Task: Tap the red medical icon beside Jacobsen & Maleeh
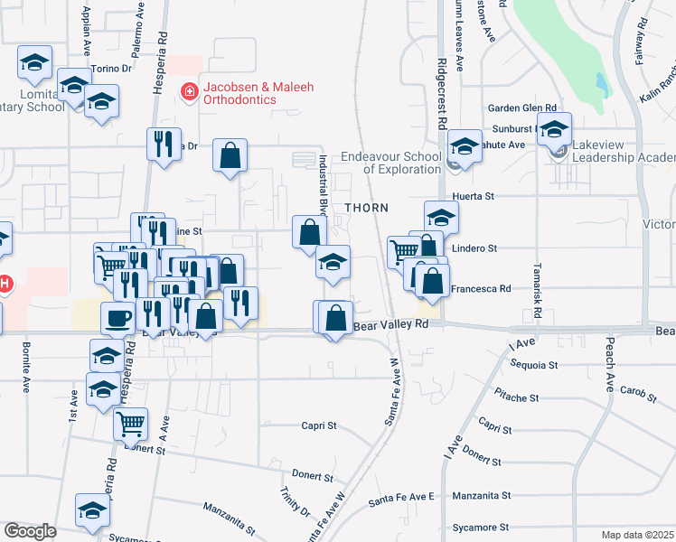click(190, 90)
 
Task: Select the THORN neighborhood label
click(366, 208)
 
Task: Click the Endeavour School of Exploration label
click(390, 163)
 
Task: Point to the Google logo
click(30, 530)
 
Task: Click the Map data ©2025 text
click(637, 535)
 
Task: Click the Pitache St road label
click(516, 395)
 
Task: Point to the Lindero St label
click(474, 248)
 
